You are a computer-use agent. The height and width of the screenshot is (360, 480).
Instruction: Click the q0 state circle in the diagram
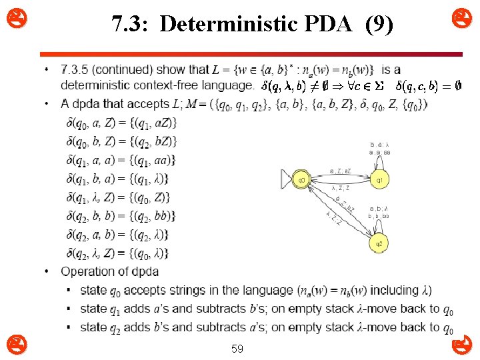[301, 179]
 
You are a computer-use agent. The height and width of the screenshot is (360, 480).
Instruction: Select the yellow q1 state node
[379, 179]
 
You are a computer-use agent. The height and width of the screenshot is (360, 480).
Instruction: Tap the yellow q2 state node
[379, 243]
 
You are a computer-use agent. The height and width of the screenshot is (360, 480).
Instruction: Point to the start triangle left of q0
[287, 179]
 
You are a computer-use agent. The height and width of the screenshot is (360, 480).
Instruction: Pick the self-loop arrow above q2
[379, 227]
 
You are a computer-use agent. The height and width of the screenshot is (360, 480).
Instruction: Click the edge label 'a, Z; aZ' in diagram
[340, 171]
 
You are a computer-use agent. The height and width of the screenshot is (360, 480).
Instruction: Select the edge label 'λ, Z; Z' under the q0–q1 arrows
[340, 187]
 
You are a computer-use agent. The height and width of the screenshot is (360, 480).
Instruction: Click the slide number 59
[237, 348]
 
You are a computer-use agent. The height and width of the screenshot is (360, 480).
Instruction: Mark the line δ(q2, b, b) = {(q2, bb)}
[121, 216]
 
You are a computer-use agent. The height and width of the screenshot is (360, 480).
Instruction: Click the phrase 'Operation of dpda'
[109, 271]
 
